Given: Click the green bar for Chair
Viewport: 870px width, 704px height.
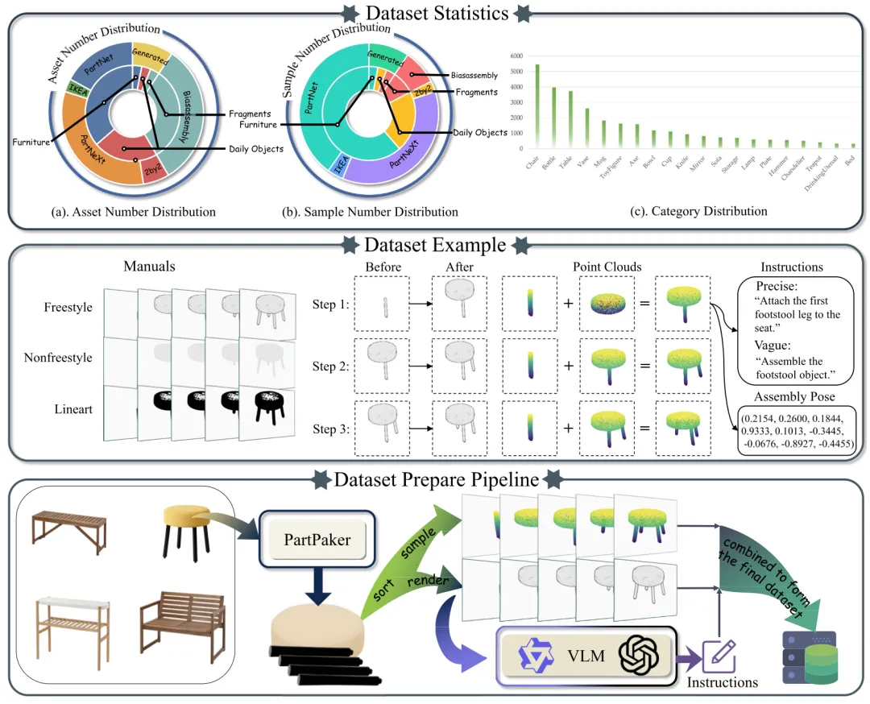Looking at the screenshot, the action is coord(537,106).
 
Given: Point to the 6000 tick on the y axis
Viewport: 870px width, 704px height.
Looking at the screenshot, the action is coord(516,56).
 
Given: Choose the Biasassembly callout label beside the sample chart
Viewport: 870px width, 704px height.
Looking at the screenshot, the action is coord(474,76).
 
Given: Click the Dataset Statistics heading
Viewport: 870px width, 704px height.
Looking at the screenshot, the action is coord(436,13).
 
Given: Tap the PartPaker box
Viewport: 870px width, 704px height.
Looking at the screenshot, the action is coord(317,539).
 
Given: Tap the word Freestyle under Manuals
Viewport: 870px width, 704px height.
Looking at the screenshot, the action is coord(68,308).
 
